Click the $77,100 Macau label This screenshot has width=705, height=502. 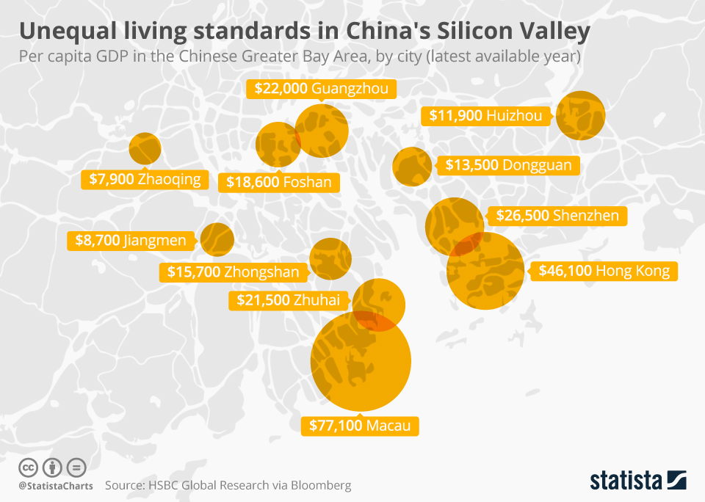click(x=361, y=426)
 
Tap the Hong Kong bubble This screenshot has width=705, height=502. click(x=485, y=271)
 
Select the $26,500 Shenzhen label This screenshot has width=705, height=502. click(x=557, y=216)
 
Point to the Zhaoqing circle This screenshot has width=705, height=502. click(x=145, y=148)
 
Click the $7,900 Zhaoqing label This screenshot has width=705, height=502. click(x=145, y=179)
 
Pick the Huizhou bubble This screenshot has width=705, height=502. click(x=580, y=115)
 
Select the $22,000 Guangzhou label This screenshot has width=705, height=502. click(x=322, y=89)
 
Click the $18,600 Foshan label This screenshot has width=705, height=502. click(x=278, y=182)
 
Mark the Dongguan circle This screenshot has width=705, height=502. click(x=412, y=166)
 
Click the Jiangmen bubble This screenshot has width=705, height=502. click(x=217, y=239)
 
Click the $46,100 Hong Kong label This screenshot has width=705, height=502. click(x=604, y=271)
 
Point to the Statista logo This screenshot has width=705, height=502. click(x=638, y=480)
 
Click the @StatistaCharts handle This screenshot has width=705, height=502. click(x=56, y=486)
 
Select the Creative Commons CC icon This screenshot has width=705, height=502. click(x=29, y=468)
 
